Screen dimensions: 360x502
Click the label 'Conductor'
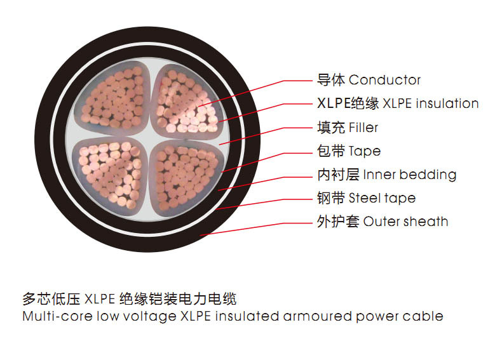click(384, 80)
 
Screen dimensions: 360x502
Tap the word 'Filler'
click(363, 128)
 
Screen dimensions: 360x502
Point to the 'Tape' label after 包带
click(364, 151)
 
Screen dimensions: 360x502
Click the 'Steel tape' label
click(382, 198)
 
